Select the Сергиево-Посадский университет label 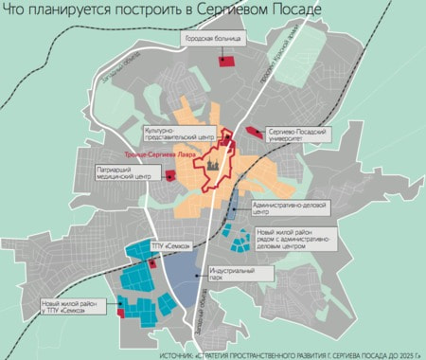coord(301,135)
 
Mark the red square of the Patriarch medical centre coord(169,175)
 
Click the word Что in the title coord(20,9)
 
